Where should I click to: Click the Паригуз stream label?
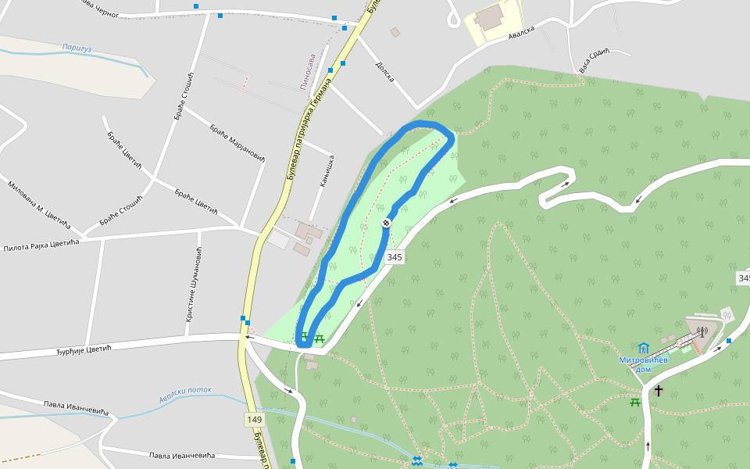pyautogui.click(x=77, y=49)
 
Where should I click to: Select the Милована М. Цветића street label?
pyautogui.click(x=38, y=206)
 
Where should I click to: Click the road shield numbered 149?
pyautogui.click(x=255, y=420)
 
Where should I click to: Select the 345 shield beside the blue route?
pyautogui.click(x=395, y=257)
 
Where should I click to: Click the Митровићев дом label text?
pyautogui.click(x=642, y=364)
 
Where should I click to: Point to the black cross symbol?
pyautogui.click(x=658, y=390)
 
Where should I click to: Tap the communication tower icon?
pyautogui.click(x=702, y=331)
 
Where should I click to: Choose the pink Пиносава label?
pyautogui.click(x=309, y=71)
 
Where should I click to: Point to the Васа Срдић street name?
pyautogui.click(x=594, y=62)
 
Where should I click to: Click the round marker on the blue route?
pyautogui.click(x=386, y=224)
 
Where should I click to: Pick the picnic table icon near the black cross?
pyautogui.click(x=635, y=402)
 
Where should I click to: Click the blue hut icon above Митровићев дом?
pyautogui.click(x=643, y=347)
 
